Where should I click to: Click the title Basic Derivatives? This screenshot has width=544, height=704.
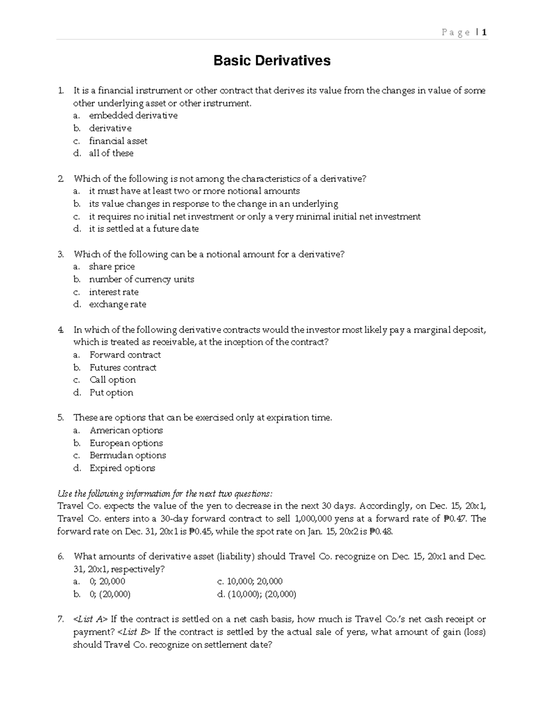coord(272,61)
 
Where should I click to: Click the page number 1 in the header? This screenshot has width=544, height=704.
coord(484,32)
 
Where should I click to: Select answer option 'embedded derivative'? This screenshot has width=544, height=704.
coord(133,116)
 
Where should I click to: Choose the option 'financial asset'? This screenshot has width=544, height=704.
coord(118,141)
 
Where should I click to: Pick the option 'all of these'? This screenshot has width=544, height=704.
coord(111,153)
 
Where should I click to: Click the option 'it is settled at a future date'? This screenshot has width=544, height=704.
coord(144,229)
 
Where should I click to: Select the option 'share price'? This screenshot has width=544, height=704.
coord(112,267)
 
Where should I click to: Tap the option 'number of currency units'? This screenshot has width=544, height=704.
coord(141,279)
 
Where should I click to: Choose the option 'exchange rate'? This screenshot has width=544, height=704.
coord(117,304)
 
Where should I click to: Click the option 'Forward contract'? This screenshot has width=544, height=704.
coord(125,355)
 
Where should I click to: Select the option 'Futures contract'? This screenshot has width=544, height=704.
coord(123,368)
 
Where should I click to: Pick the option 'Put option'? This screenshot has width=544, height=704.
coord(111,393)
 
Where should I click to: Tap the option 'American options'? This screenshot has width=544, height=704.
coord(126,430)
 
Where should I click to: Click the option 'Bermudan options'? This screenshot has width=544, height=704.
coord(128,455)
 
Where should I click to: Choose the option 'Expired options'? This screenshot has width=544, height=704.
coord(122,468)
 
